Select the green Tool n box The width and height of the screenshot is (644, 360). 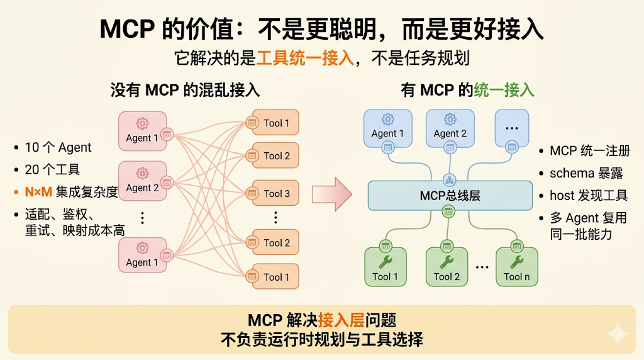point(516,267)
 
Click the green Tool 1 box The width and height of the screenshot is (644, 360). point(385,267)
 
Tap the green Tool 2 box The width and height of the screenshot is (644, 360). point(447,267)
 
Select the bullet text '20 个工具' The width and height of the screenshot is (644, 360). point(52,170)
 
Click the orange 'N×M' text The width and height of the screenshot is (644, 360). point(38,192)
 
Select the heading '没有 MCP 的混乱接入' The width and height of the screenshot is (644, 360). point(185,90)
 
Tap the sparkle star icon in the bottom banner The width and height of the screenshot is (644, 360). point(617,334)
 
